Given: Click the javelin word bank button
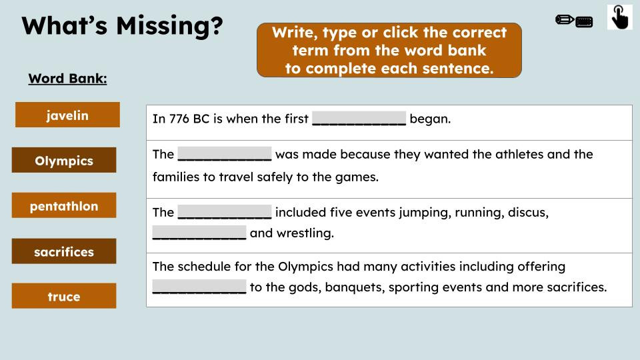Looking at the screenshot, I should click(x=67, y=115).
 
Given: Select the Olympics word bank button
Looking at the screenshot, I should click(x=64, y=160).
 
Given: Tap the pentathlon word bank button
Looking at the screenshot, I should click(x=64, y=205).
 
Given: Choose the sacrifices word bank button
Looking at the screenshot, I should click(x=64, y=251).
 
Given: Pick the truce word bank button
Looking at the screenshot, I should click(x=64, y=296).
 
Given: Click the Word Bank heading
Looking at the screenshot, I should click(x=67, y=79).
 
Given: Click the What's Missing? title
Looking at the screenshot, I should click(x=122, y=26).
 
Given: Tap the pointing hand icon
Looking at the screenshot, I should click(x=619, y=17).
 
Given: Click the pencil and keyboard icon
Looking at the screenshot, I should click(x=573, y=21).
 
